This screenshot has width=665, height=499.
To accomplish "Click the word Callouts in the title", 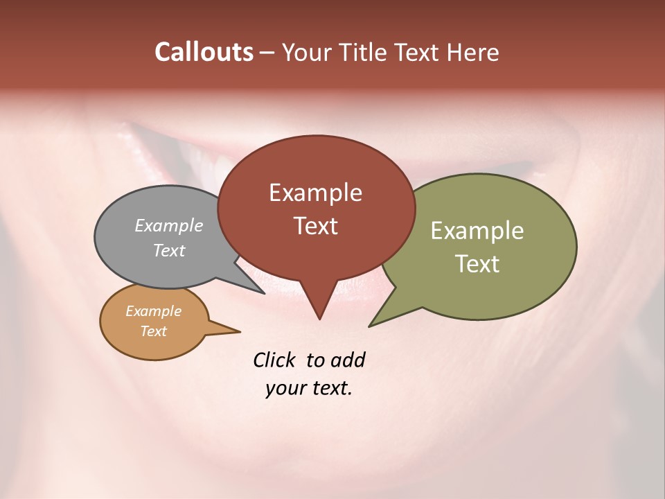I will tap(204, 52).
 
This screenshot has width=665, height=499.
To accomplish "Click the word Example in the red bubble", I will tap(315, 193).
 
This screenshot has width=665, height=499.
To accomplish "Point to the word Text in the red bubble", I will tap(315, 226).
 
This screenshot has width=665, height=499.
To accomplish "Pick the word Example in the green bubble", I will tap(477, 231).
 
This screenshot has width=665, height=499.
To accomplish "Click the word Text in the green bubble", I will tap(477, 264).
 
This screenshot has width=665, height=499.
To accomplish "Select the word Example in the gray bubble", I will tap(169, 226).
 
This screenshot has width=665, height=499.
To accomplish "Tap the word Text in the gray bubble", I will tap(169, 250).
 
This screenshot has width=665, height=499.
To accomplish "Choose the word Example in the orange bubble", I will tap(153, 311).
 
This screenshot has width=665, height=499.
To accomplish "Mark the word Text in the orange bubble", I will tap(153, 331).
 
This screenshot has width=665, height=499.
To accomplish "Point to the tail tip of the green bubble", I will tap(370, 326).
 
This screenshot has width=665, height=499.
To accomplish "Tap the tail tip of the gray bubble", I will tap(264, 293).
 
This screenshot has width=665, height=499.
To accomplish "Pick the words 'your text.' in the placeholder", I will tap(309, 389).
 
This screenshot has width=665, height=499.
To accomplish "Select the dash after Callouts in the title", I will tap(267, 52).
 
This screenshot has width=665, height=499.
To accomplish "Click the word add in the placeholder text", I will tap(348, 360).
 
